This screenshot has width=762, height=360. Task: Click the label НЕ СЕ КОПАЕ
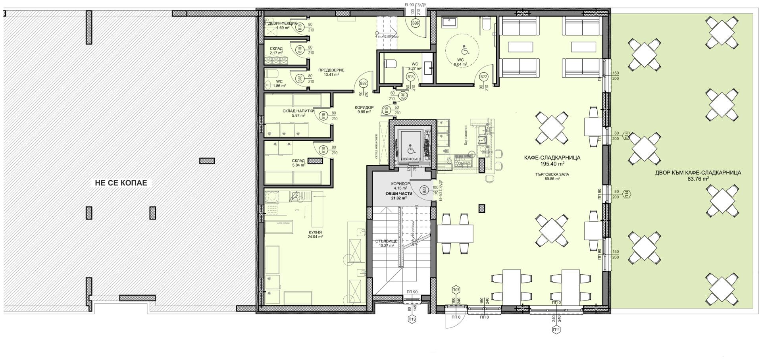(x=121, y=183)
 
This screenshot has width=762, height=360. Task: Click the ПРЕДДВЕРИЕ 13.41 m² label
(x=331, y=72)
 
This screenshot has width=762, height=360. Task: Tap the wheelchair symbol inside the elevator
(x=411, y=150)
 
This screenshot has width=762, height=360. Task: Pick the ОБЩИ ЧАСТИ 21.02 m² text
(x=399, y=195)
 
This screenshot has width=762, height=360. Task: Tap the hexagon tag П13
(x=412, y=319)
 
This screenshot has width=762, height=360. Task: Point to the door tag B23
(x=425, y=191)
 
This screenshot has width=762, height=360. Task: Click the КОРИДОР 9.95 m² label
(x=365, y=110)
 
